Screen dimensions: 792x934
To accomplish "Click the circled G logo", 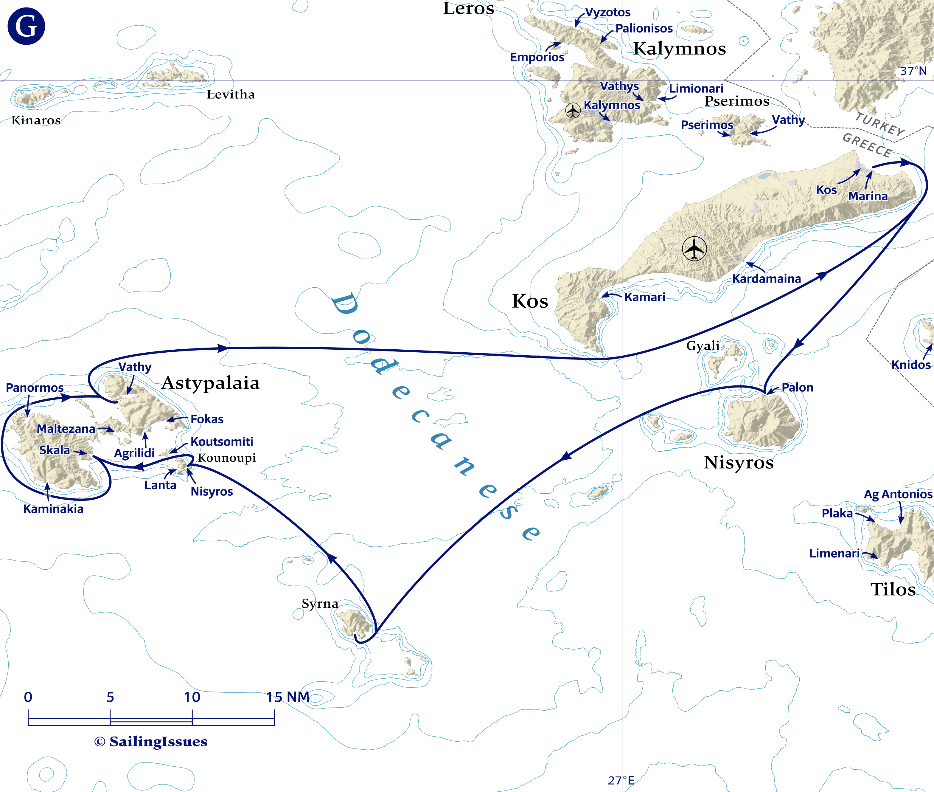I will click(26, 26).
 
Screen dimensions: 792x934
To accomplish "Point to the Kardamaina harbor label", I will click(766, 279).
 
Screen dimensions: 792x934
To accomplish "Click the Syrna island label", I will click(320, 603).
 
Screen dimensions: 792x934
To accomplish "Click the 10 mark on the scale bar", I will click(192, 697).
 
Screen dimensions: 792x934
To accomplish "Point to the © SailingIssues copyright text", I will click(151, 742).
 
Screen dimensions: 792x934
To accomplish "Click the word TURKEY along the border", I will click(880, 124).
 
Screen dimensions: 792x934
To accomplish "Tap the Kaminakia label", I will click(53, 509).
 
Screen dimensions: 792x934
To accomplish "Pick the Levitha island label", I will click(231, 94).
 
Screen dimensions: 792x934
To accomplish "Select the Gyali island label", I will click(703, 346).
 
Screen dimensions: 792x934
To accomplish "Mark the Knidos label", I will click(911, 365).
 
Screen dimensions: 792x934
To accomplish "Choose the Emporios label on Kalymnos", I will click(537, 57).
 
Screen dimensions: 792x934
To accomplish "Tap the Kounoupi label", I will click(227, 458).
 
